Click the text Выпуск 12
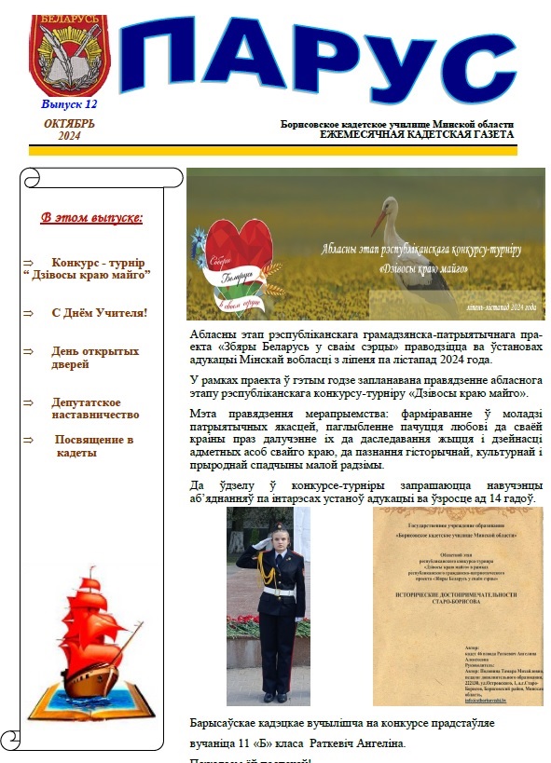coord(69,104)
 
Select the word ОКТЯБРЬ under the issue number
coord(69,124)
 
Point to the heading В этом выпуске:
coord(91,218)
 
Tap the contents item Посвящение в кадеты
coord(94,445)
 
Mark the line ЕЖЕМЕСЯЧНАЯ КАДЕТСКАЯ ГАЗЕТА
coord(416,135)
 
